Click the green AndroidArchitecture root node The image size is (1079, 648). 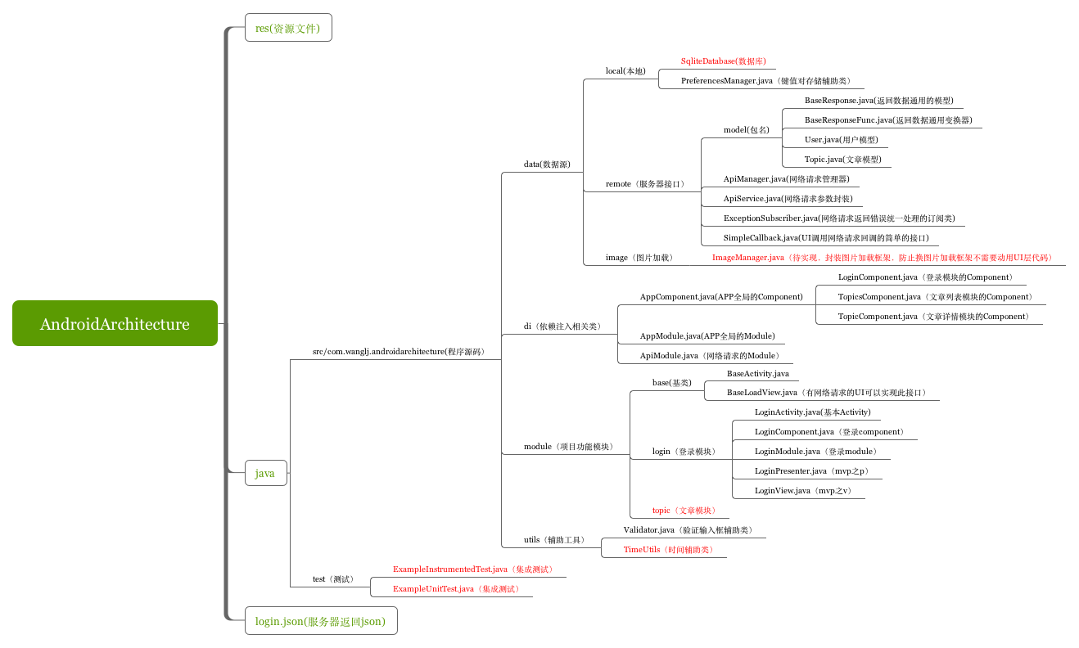tap(115, 324)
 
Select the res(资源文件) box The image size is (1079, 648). tap(288, 28)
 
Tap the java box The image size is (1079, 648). tap(265, 473)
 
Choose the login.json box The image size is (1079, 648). tap(320, 621)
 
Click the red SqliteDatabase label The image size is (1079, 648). tap(724, 61)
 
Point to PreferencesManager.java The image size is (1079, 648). tap(765, 81)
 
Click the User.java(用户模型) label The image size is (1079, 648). tap(841, 140)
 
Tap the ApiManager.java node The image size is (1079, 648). tap(786, 179)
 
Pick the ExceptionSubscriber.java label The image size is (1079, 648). tap(839, 218)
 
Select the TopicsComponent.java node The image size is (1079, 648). tap(935, 297)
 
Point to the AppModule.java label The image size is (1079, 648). tap(707, 336)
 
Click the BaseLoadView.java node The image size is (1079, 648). tap(827, 393)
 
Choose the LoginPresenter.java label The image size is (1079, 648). tap(806, 471)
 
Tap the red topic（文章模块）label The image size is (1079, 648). tap(684, 511)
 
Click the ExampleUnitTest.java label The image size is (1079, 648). tap(456, 589)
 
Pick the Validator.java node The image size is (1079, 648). tap(688, 530)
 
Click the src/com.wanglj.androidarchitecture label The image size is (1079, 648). tap(399, 352)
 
